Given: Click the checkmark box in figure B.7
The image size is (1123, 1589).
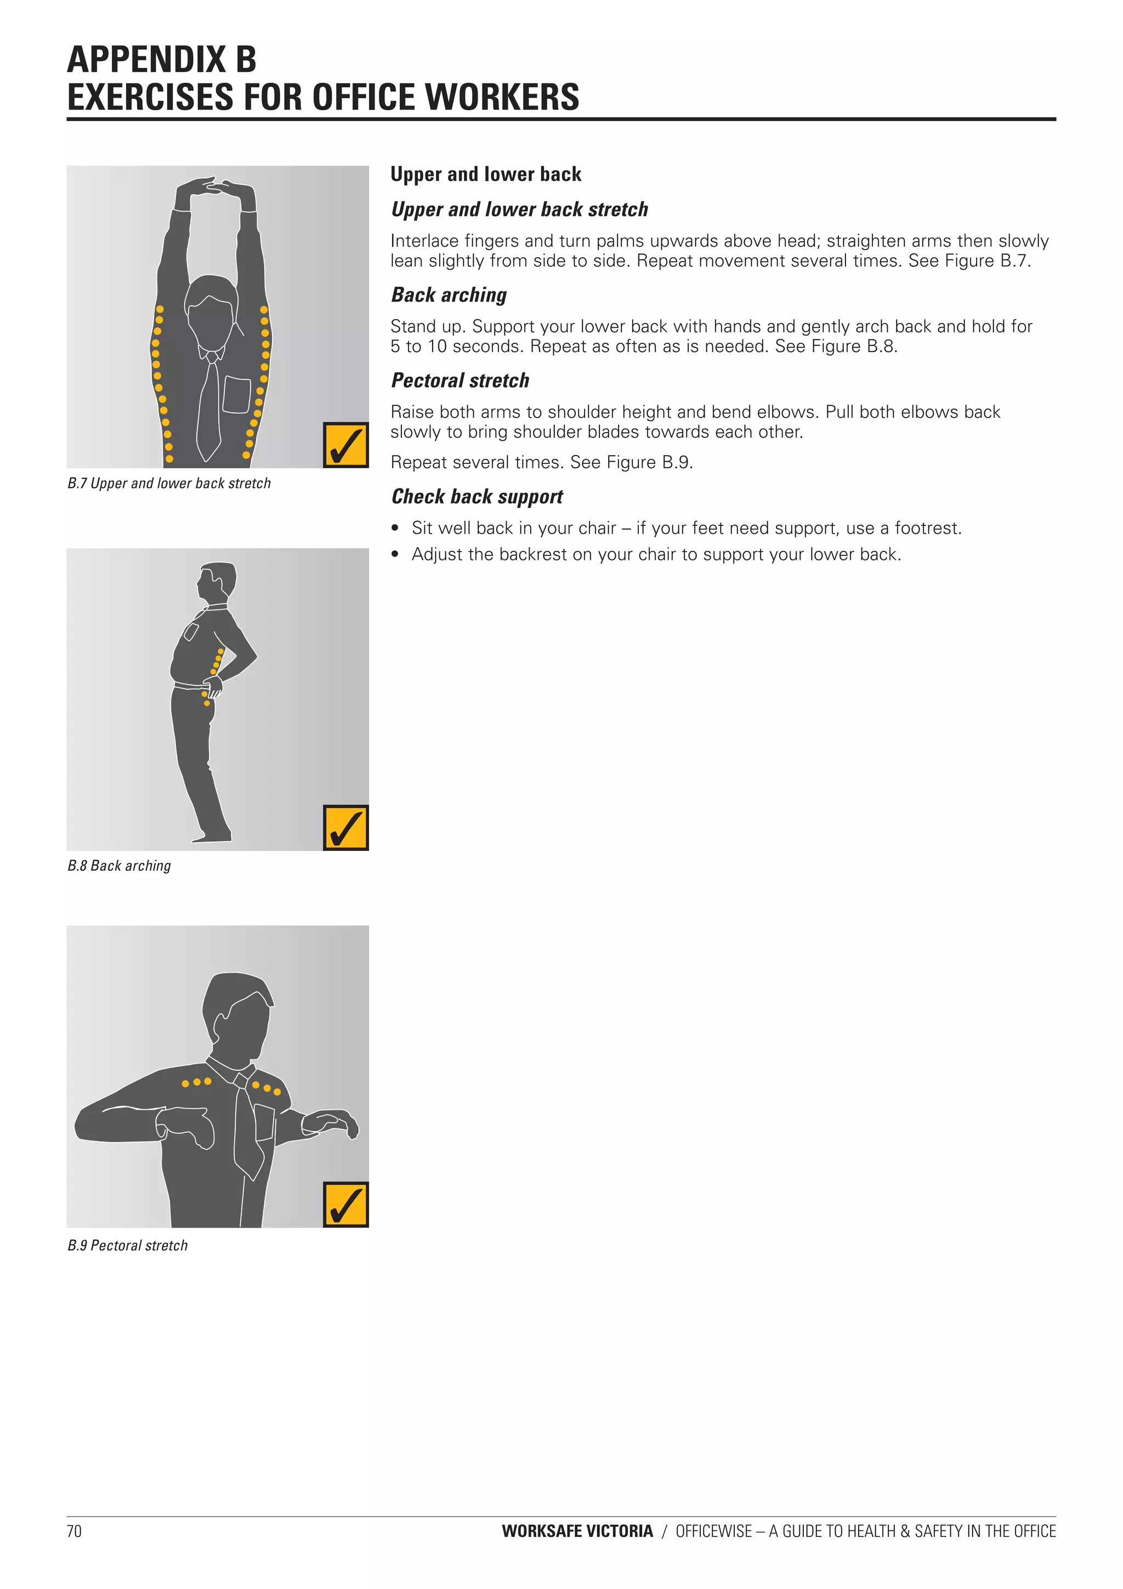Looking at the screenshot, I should tap(345, 446).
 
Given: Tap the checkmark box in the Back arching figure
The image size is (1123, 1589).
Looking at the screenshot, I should tap(345, 828).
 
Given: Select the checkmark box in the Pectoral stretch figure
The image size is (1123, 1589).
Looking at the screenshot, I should tap(345, 1205).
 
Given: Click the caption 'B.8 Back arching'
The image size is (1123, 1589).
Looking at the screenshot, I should tap(119, 866).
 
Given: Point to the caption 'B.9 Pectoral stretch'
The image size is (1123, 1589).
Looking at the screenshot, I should tap(127, 1246).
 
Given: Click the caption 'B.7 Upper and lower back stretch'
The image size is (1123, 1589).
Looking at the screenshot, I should tap(169, 483).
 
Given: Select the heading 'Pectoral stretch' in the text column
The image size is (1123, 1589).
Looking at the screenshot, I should tap(460, 381).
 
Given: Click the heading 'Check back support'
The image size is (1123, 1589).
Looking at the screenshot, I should tap(477, 496).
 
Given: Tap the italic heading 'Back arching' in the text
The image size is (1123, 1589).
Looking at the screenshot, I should tap(449, 295).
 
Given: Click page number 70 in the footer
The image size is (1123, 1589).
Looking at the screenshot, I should tap(74, 1531).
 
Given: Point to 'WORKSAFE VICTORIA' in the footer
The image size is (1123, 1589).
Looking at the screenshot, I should tap(577, 1531).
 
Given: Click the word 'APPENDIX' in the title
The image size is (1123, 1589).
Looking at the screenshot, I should tap(146, 60).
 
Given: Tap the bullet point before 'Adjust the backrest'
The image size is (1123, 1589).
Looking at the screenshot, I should tap(395, 554).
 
